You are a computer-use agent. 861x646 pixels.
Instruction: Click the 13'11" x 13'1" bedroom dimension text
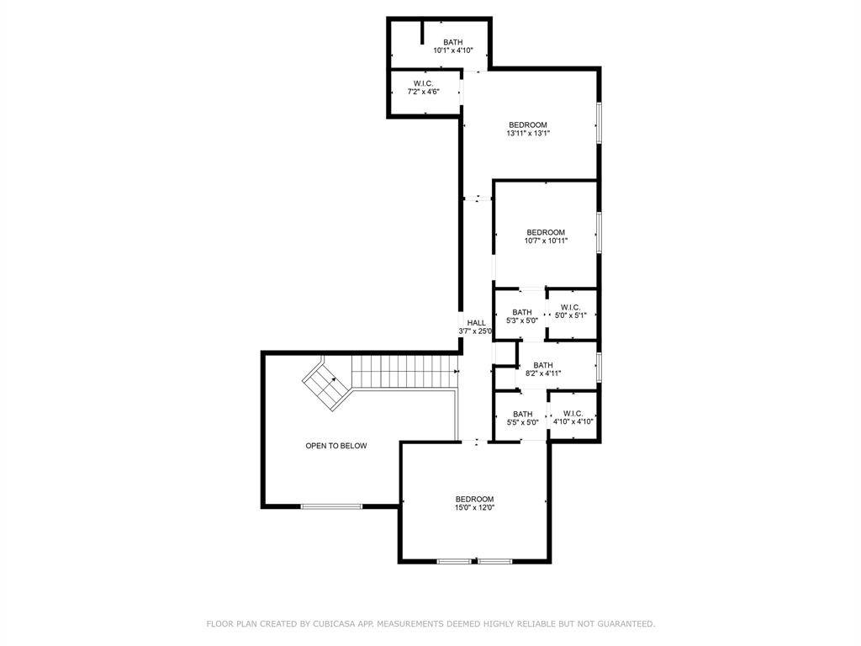tap(528, 133)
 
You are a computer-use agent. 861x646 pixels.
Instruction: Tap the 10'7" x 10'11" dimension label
tap(546, 241)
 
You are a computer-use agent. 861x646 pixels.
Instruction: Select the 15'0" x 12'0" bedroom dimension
tap(474, 507)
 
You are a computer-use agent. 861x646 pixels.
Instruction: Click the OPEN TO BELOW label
tap(336, 446)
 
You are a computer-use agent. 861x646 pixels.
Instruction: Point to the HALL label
tap(476, 322)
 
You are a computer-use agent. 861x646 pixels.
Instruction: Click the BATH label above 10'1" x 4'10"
tap(453, 42)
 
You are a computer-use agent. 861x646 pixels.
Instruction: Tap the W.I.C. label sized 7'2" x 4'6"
tap(424, 83)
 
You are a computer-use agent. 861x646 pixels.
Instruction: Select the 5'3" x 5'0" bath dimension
tap(521, 320)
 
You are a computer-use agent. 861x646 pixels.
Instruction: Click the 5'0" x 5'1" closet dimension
tap(571, 315)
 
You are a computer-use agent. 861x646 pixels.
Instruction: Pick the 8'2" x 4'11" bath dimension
tap(543, 373)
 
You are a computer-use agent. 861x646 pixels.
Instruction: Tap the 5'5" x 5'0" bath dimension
tap(522, 422)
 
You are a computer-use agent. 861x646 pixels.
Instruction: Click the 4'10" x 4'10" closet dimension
tap(573, 422)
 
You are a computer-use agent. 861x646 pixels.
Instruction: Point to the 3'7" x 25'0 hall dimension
tap(476, 331)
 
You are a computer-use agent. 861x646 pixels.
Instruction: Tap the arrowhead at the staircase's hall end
tap(457, 372)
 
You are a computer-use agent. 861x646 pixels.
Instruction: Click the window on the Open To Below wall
tap(331, 506)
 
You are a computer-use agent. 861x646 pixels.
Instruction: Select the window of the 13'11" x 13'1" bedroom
tap(599, 123)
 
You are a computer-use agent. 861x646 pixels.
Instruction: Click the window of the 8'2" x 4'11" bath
tap(599, 367)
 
